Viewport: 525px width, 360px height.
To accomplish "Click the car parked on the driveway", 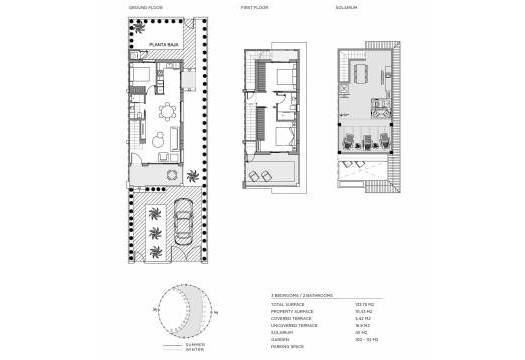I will coord(183,227).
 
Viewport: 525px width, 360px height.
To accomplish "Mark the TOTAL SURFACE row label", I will coord(288,304).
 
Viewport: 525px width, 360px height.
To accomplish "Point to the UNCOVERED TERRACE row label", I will coord(293,325).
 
